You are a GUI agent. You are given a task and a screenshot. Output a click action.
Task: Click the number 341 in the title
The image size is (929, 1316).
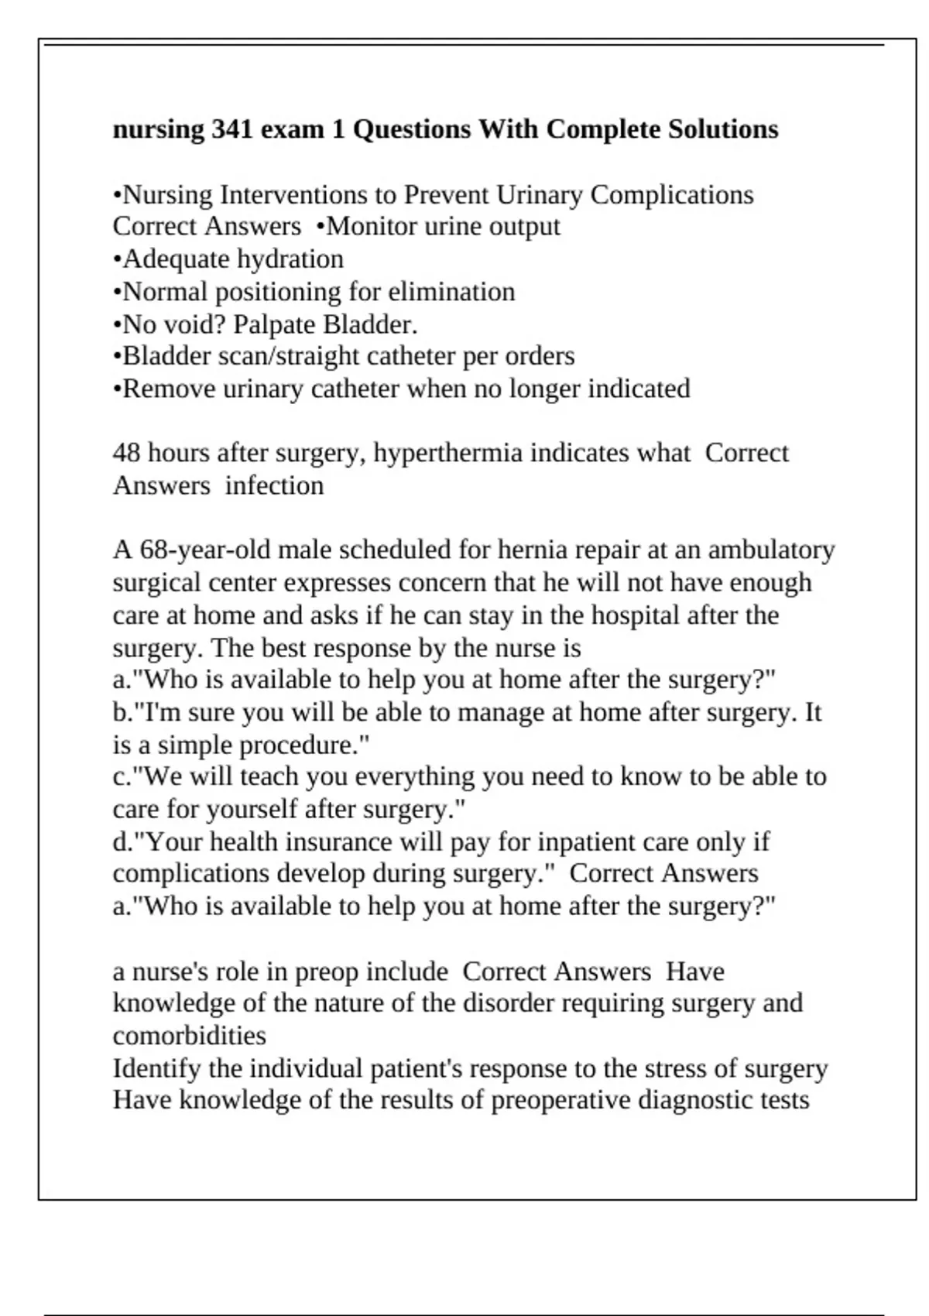tap(231, 129)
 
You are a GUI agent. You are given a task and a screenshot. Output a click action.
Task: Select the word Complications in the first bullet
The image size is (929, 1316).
tap(671, 195)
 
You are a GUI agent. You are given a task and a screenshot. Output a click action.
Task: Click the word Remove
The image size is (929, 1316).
tap(170, 389)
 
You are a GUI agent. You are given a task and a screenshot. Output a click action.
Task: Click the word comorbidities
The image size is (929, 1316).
tap(189, 1036)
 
